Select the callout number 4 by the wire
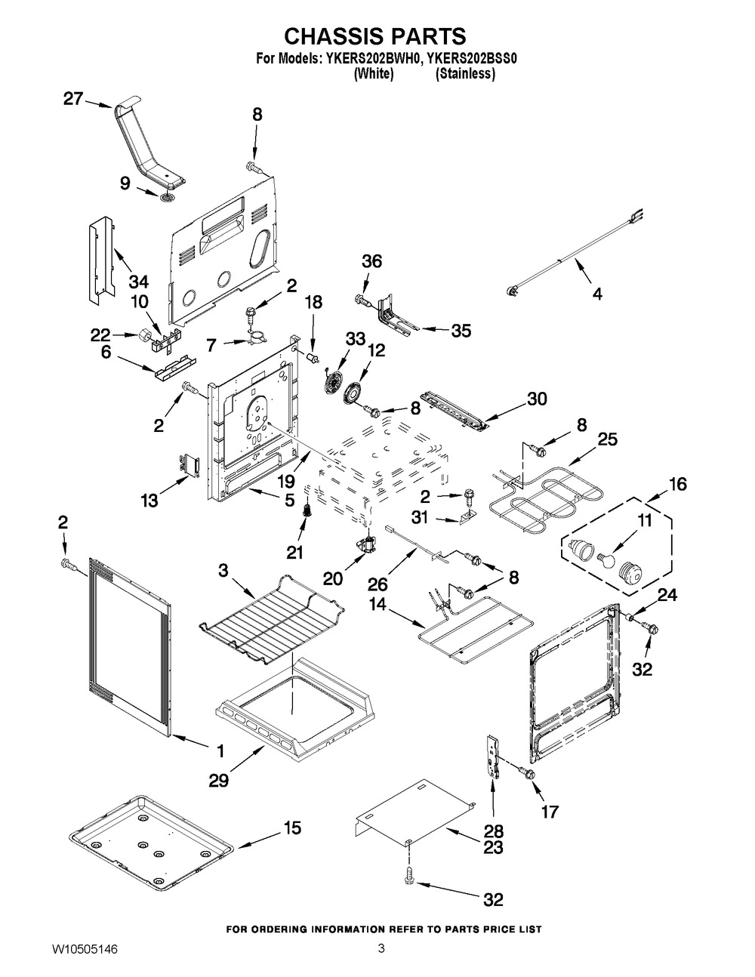[x=596, y=294]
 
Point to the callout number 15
[x=291, y=828]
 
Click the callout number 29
[x=220, y=778]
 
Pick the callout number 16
[x=677, y=484]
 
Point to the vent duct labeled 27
[x=147, y=143]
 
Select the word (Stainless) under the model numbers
[x=466, y=74]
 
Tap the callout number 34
[x=137, y=282]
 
